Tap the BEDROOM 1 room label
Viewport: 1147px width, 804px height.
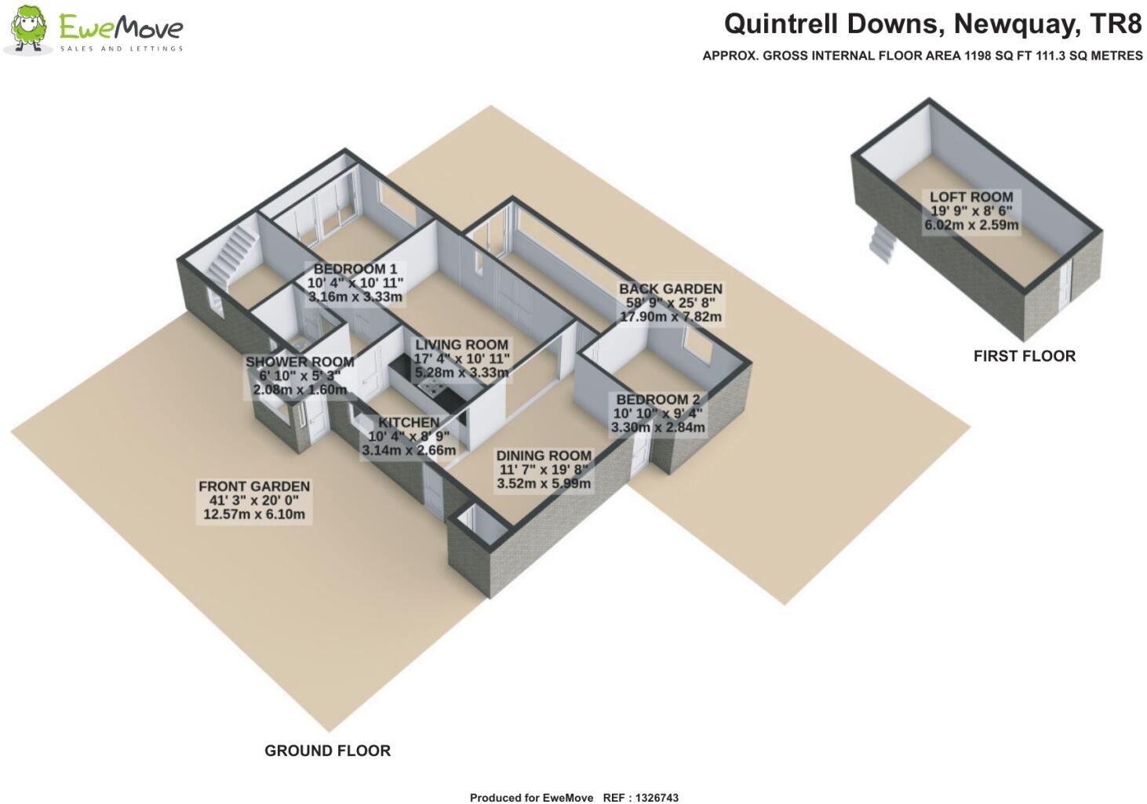coord(355,269)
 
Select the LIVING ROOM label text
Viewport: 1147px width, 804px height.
coord(461,344)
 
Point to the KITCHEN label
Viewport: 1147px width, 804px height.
coord(409,423)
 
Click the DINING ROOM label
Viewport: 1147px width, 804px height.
coord(544,456)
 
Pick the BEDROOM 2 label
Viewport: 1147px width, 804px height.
coord(658,399)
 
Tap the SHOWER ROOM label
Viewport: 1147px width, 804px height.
coord(300,362)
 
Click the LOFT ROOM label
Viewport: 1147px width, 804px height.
coord(971,197)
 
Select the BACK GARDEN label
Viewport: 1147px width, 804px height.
coord(671,289)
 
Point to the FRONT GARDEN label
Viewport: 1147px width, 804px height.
coord(254,486)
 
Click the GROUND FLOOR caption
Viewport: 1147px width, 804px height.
coord(328,751)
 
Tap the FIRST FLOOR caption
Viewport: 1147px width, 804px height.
coord(1025,356)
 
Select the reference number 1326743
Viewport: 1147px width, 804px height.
coord(657,798)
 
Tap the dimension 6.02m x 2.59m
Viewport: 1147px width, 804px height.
coord(971,225)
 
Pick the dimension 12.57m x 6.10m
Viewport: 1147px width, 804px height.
coord(254,514)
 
